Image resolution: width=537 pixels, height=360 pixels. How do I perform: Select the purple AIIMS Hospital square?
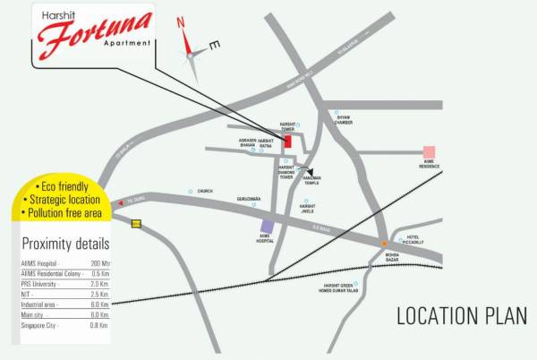point(267,227)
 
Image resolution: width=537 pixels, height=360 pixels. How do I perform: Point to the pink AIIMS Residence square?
point(430,151)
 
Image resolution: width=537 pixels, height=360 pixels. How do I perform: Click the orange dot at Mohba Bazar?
point(384,244)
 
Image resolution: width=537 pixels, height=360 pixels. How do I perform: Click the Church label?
point(205,191)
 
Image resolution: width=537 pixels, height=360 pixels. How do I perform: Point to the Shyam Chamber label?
point(345,123)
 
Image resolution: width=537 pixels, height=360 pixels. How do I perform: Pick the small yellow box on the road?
point(136,224)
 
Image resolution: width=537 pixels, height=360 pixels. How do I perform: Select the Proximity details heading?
point(64,244)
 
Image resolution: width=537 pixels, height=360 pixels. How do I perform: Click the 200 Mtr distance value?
point(98,262)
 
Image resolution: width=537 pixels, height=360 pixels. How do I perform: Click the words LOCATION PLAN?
point(462,315)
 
